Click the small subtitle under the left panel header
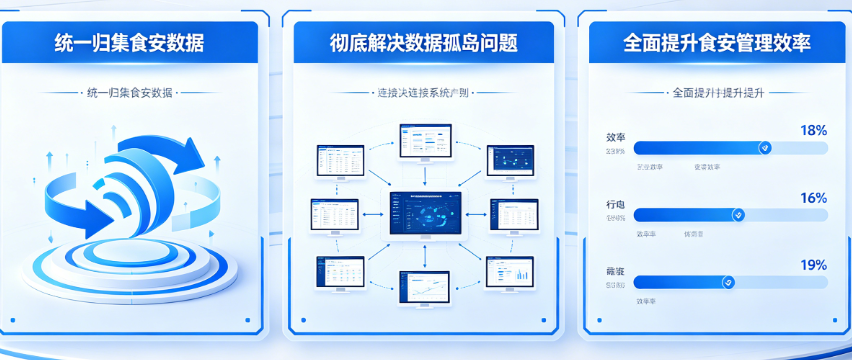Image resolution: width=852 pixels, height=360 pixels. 131,93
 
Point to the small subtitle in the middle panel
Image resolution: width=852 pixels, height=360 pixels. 423,93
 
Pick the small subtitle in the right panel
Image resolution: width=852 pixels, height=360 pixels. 717,93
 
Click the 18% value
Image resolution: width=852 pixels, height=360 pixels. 813,130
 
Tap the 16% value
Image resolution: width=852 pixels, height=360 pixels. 813,198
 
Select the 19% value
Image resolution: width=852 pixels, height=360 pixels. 813,265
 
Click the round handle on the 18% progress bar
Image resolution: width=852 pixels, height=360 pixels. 765,148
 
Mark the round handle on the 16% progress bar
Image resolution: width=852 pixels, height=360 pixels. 739,215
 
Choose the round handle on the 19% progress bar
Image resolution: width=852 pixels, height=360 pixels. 729,283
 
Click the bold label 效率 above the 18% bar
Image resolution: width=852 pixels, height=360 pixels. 616,137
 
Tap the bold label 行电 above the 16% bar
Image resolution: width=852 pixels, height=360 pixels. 616,204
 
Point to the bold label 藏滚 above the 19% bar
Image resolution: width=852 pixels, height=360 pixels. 616,272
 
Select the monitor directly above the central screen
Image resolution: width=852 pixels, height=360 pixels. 425,143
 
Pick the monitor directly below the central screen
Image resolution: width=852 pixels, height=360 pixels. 425,289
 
